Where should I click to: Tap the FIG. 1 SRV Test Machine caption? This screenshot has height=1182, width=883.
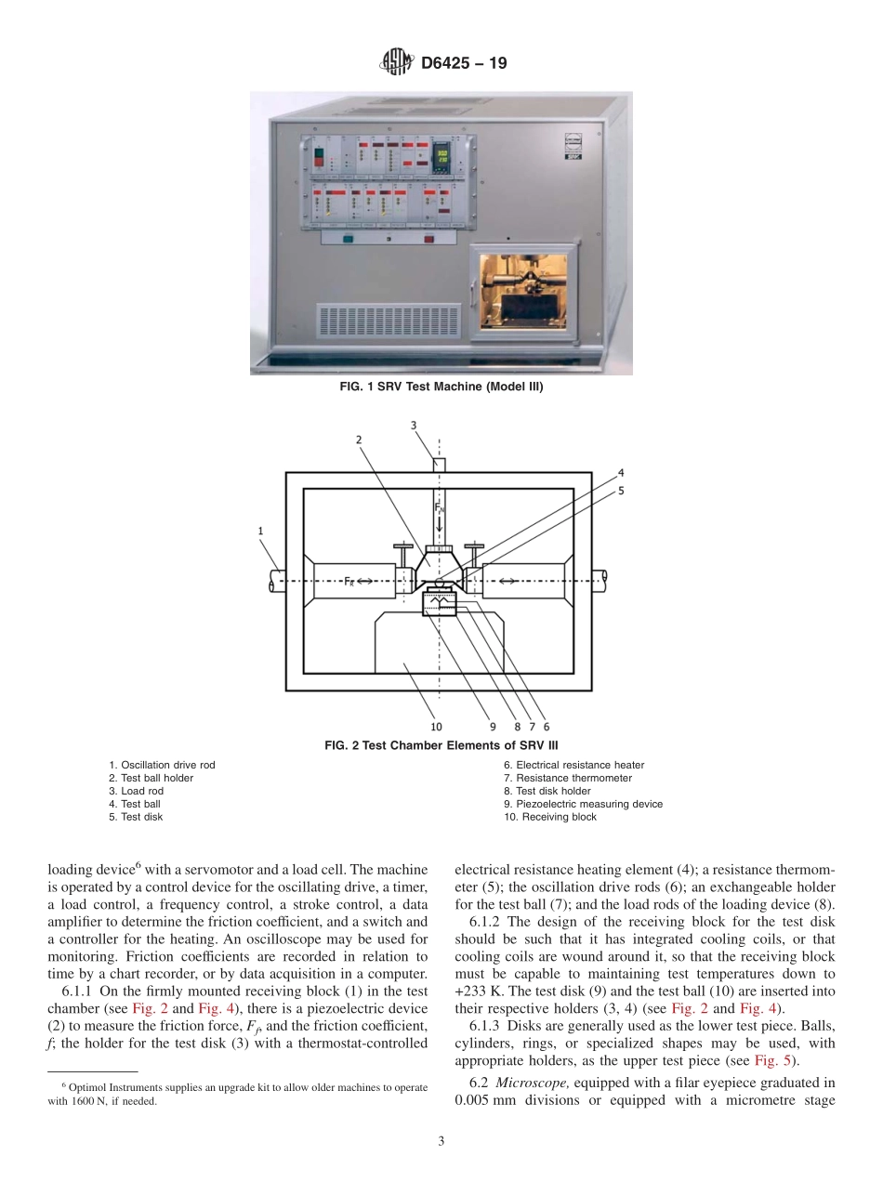[x=441, y=387]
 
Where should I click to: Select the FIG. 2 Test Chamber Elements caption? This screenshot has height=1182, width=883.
[x=441, y=745]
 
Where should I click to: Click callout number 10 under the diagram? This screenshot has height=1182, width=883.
[x=436, y=727]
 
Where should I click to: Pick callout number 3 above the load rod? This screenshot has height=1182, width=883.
[x=414, y=425]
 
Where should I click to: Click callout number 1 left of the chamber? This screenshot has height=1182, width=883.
[x=261, y=531]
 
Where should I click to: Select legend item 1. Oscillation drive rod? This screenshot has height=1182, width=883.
[x=162, y=765]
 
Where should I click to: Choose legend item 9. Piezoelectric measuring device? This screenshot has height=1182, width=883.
[x=583, y=804]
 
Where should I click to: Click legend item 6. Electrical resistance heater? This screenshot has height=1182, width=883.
[x=573, y=765]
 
